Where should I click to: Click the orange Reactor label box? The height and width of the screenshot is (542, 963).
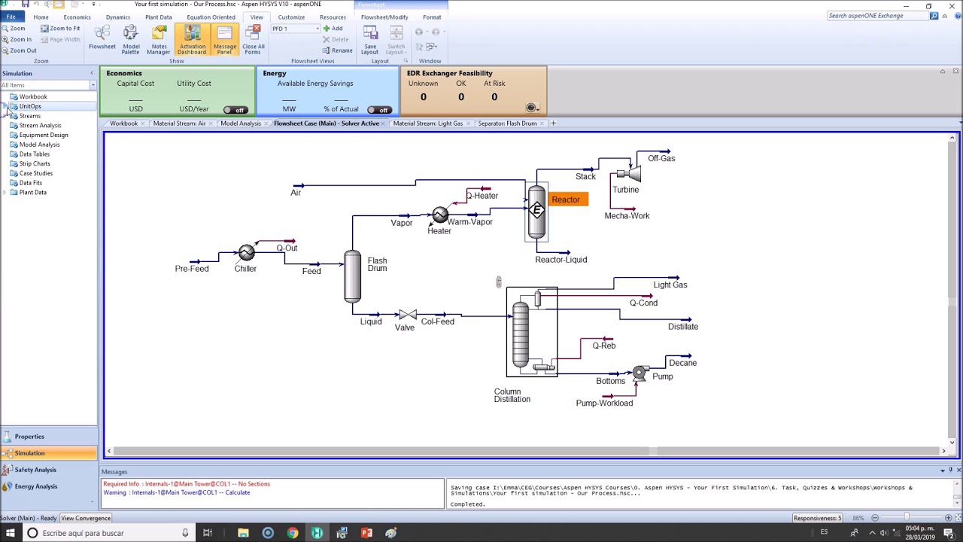tap(566, 199)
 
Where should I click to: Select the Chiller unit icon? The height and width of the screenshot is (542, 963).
tap(247, 253)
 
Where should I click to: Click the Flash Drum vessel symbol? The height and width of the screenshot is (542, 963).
tap(352, 276)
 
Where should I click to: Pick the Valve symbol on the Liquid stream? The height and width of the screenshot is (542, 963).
tap(407, 315)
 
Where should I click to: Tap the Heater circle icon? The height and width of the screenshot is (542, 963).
tap(440, 216)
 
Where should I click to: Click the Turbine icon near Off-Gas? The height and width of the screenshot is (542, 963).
tap(633, 175)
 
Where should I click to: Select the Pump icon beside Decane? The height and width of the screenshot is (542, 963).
tap(639, 373)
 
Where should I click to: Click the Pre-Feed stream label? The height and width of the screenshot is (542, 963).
tap(192, 269)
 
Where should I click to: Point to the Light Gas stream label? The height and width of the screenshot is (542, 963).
tap(670, 285)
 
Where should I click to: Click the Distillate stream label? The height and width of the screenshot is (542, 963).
tap(682, 327)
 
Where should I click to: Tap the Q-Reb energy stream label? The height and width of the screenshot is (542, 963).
tap(603, 346)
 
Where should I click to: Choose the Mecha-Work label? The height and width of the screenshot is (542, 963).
tap(627, 216)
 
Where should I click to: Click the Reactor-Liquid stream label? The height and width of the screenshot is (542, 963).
tap(560, 260)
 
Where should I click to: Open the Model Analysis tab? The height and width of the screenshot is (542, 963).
tap(241, 123)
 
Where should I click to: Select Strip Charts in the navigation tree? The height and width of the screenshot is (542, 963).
tap(35, 163)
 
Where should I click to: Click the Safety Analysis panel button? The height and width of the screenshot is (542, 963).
tap(35, 470)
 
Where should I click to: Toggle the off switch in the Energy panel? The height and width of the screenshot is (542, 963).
tap(380, 110)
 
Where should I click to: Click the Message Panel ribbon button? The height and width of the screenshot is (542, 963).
tap(224, 39)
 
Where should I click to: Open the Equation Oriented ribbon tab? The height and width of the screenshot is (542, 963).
tap(211, 17)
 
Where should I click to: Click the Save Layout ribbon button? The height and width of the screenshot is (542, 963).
tap(370, 39)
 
